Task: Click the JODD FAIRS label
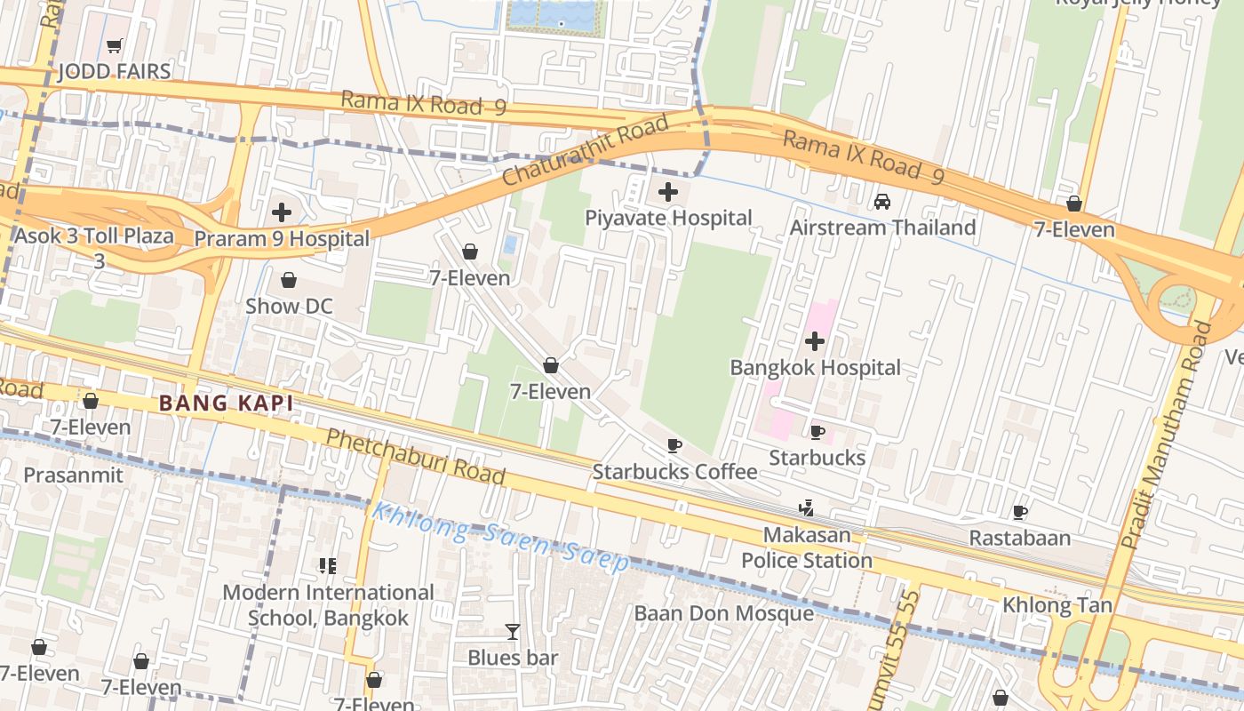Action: (x=114, y=72)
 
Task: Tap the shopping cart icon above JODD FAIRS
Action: (x=114, y=45)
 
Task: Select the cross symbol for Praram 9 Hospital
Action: (x=282, y=212)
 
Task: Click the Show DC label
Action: (x=289, y=307)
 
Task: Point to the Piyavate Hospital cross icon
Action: (x=668, y=191)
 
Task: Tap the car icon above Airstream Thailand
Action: (x=882, y=202)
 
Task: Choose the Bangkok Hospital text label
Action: (x=815, y=368)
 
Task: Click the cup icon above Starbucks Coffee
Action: (x=674, y=445)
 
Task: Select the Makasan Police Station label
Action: (x=807, y=548)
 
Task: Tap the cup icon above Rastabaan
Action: (x=1020, y=512)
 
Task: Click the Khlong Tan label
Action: (x=1057, y=605)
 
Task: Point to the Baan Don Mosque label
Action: (x=723, y=613)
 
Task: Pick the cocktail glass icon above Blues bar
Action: (x=513, y=632)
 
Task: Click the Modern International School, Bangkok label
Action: (x=328, y=605)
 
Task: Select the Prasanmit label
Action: (x=73, y=475)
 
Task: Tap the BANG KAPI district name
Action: (x=226, y=403)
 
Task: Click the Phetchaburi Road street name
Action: (x=415, y=457)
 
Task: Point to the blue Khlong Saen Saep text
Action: (x=500, y=536)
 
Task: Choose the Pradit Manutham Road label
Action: (x=1167, y=434)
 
